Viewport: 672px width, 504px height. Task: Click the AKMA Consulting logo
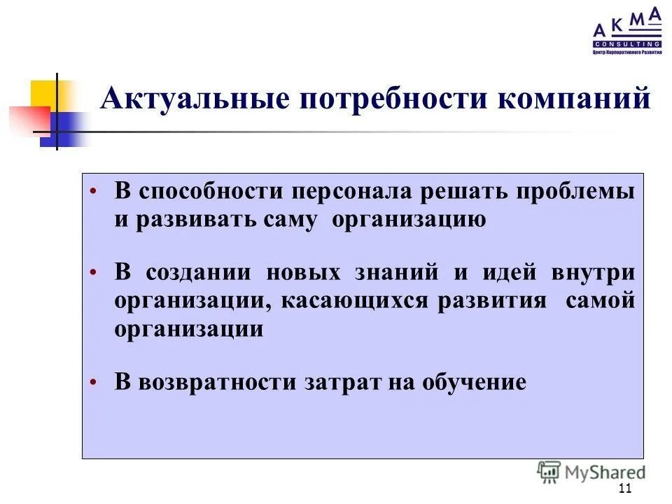(626, 31)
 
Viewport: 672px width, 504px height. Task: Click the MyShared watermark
(591, 472)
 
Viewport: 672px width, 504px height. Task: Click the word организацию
(409, 220)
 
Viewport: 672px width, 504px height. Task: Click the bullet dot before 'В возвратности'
(93, 383)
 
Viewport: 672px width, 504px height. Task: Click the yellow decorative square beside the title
(43, 94)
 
